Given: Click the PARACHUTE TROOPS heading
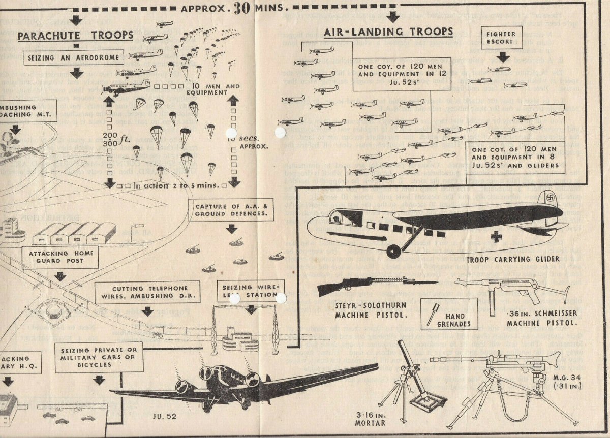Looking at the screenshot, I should (x=76, y=36).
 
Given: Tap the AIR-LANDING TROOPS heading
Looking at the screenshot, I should (x=388, y=32).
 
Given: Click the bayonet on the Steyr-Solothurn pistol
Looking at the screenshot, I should (x=417, y=282).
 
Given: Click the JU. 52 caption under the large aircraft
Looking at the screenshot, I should (x=164, y=417).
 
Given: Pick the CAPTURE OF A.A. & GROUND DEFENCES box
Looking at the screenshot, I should (x=231, y=209).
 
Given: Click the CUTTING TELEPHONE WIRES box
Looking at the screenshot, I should (x=147, y=292).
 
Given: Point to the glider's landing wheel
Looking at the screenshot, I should (x=392, y=251).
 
